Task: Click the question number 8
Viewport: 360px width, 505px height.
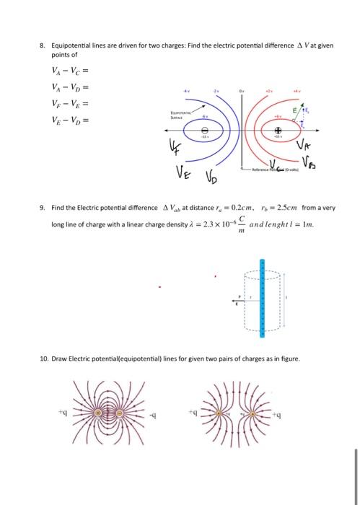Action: (x=43, y=45)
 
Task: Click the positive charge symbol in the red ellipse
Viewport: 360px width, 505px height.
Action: (x=278, y=130)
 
